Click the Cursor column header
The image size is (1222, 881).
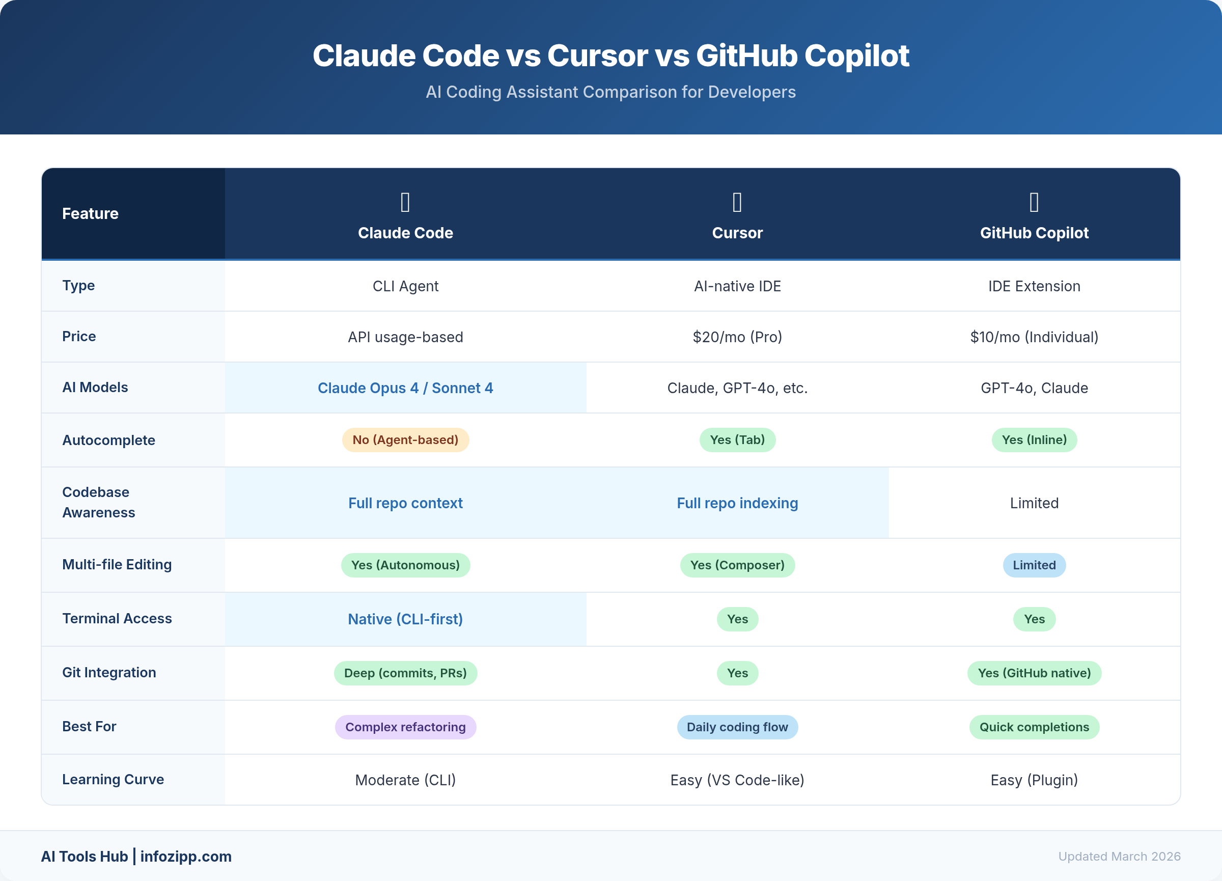[737, 232]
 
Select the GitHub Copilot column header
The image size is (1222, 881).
[1034, 232]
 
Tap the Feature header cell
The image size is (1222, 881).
[90, 213]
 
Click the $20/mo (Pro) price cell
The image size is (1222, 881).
[737, 337]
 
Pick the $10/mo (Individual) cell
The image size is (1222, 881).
[1034, 337]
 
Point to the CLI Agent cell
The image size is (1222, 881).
[405, 286]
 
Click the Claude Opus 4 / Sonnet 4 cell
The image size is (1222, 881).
[405, 388]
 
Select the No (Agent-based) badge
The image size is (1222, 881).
[405, 439]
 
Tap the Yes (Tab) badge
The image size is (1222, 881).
[737, 439]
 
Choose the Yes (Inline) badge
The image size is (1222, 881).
[1034, 439]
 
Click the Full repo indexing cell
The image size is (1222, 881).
[737, 503]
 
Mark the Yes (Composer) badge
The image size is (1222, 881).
[737, 565]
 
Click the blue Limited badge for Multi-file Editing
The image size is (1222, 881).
[1034, 565]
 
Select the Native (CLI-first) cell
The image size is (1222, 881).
[405, 619]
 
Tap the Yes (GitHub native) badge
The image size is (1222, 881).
[1034, 673]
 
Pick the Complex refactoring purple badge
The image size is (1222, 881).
[405, 727]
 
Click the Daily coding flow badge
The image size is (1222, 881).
[737, 727]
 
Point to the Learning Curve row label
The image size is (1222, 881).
[113, 779]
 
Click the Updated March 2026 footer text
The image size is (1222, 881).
[1119, 856]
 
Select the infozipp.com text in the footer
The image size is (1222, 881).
[186, 856]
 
